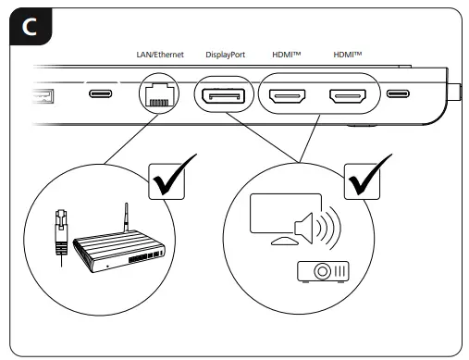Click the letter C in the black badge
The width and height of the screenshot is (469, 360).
[31, 28]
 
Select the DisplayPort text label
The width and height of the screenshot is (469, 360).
[226, 55]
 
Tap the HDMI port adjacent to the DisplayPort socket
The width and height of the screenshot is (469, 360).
[290, 94]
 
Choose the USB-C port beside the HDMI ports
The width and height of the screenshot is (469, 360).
[399, 94]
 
